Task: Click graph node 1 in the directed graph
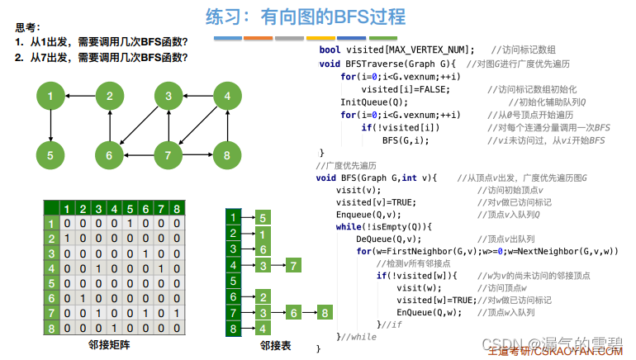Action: click(x=50, y=97)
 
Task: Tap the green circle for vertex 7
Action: click(x=168, y=154)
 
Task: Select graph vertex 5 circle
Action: click(x=50, y=154)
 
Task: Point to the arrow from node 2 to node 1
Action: click(x=79, y=97)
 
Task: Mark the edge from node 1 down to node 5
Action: click(x=50, y=126)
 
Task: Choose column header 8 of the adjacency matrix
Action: click(x=176, y=208)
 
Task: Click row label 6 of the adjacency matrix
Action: click(x=50, y=296)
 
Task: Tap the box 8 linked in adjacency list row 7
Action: click(x=325, y=312)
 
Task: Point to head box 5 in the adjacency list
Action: click(x=234, y=281)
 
